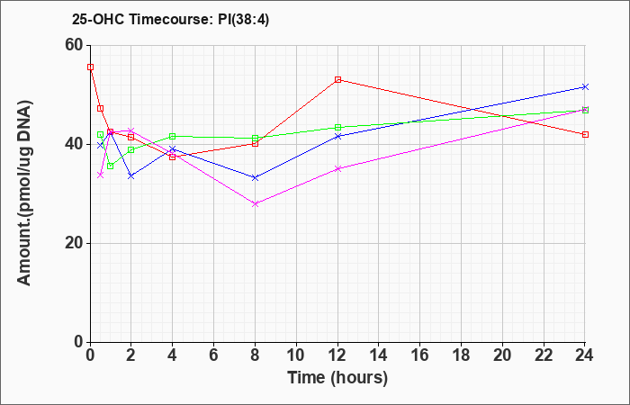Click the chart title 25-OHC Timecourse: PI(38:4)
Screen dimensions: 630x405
pyautogui.click(x=170, y=19)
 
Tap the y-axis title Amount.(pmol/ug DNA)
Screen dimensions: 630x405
pyautogui.click(x=24, y=193)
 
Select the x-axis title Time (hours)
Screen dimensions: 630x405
pyautogui.click(x=337, y=378)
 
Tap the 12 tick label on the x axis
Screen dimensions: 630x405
pyautogui.click(x=337, y=355)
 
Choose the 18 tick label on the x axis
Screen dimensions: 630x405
pyautogui.click(x=461, y=355)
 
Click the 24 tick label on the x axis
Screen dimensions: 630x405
pyautogui.click(x=585, y=355)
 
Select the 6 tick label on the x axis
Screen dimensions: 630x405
pyautogui.click(x=214, y=355)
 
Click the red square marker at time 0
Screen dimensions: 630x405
pyautogui.click(x=91, y=67)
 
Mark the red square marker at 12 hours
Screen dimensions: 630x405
pyautogui.click(x=337, y=79)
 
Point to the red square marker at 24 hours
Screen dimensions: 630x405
pyautogui.click(x=585, y=135)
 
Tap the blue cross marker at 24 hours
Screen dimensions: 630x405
pyautogui.click(x=585, y=86)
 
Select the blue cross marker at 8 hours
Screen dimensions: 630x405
pyautogui.click(x=255, y=177)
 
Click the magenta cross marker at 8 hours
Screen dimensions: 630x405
pyautogui.click(x=255, y=204)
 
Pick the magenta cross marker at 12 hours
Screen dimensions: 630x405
pyautogui.click(x=337, y=169)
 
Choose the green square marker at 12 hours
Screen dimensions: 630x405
pyautogui.click(x=337, y=128)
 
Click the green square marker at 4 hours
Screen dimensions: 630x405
pyautogui.click(x=173, y=137)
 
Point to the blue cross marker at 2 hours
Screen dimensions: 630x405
pyautogui.click(x=131, y=176)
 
